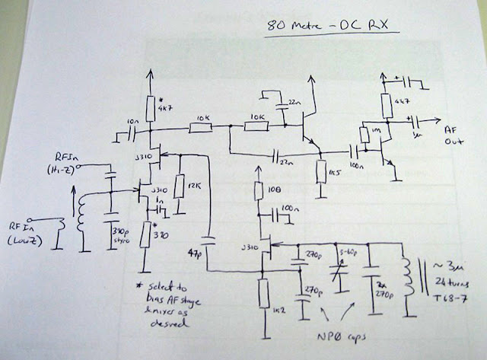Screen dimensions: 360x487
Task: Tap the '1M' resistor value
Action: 376,133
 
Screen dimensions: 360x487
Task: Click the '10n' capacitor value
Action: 133,122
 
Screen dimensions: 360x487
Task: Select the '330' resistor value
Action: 159,234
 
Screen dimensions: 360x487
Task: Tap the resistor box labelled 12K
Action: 178,187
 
